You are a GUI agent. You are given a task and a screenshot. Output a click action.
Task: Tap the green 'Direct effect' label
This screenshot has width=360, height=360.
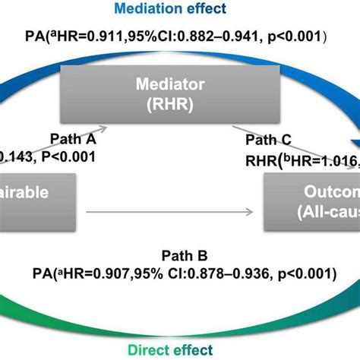click(180, 349)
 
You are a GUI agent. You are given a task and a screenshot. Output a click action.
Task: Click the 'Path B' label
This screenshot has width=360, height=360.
click(180, 255)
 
